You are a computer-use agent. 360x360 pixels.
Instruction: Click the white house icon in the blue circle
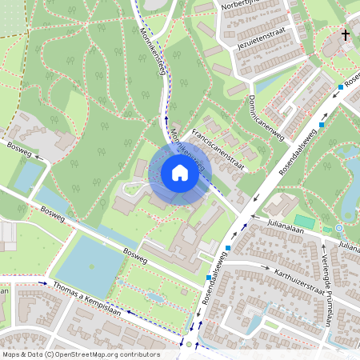click(x=180, y=172)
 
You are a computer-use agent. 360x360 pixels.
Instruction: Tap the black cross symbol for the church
click(x=346, y=35)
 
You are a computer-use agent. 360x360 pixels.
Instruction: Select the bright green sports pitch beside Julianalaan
click(x=305, y=221)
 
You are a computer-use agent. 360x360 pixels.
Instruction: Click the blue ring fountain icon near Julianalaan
click(x=339, y=228)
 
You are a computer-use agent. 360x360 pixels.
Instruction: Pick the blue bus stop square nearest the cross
click(x=342, y=86)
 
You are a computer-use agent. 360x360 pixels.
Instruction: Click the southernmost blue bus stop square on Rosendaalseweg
click(x=209, y=278)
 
